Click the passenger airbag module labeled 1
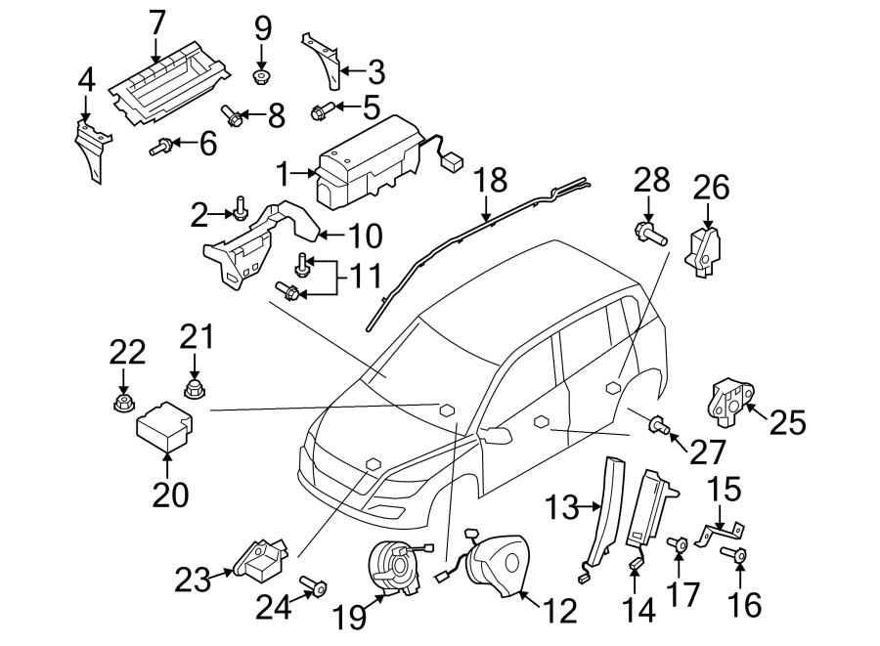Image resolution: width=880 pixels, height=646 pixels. pyautogui.click(x=367, y=161)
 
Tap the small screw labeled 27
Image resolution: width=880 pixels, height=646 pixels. pyautogui.click(x=659, y=424)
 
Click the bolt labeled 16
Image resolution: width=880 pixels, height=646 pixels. pyautogui.click(x=738, y=557)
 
